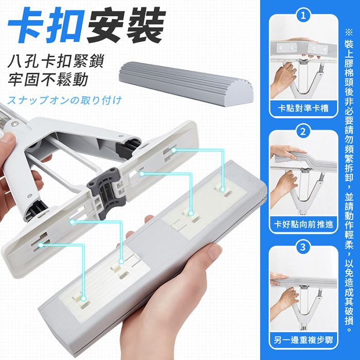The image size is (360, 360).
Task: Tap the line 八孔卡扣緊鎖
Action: [56, 61]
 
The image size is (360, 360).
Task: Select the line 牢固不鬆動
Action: [48, 80]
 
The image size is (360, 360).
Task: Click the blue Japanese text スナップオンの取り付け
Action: [64, 100]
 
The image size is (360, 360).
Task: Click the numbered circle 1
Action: [303, 16]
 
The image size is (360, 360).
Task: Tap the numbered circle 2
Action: [303, 132]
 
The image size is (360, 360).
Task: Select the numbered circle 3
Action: [303, 247]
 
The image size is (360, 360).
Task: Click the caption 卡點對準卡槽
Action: [303, 108]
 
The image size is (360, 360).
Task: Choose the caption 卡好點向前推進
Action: [303, 224]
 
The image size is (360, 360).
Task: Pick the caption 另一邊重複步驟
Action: [303, 339]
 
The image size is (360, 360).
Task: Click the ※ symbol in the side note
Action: [349, 32]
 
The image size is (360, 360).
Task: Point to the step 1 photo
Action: [303, 68]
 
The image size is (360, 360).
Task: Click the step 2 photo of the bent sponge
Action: [303, 177]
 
